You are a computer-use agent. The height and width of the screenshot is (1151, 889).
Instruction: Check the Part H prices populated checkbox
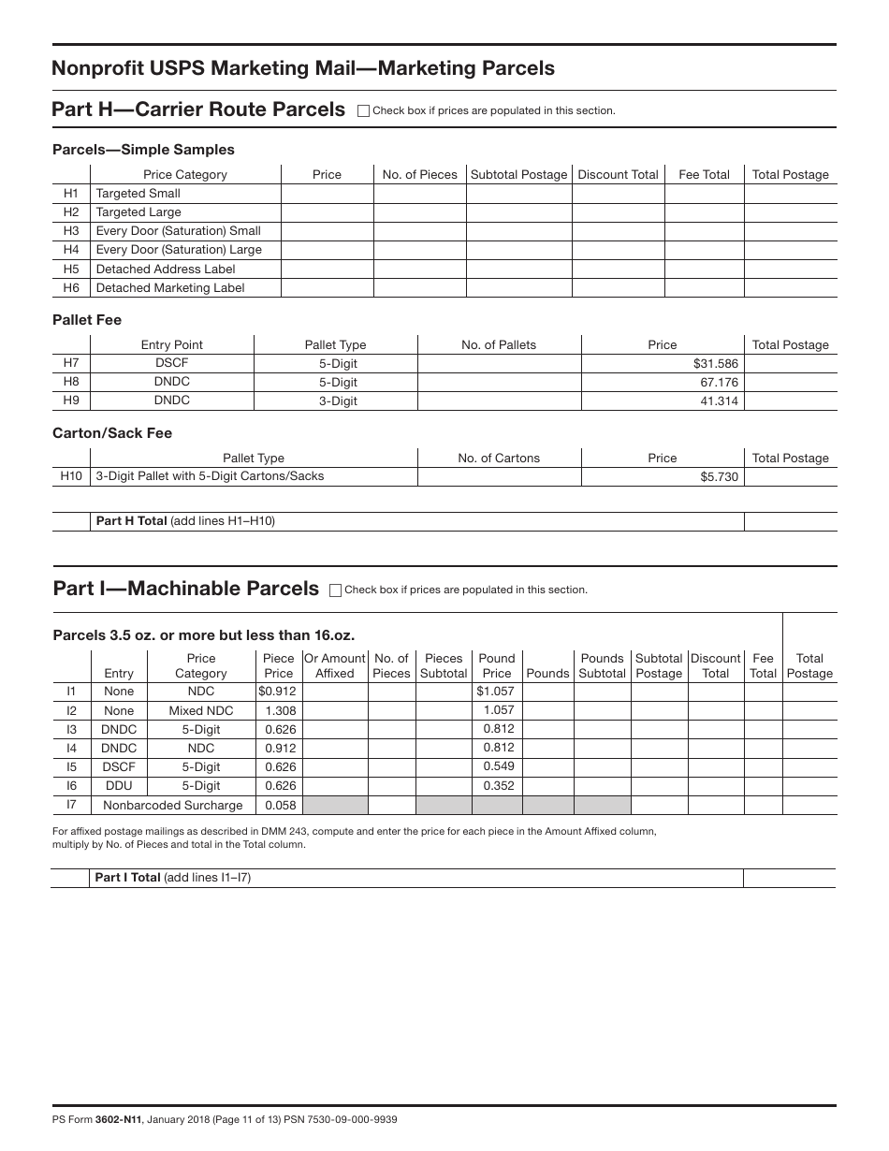coord(364,110)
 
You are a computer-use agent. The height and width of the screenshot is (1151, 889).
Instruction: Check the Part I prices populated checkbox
coord(336,590)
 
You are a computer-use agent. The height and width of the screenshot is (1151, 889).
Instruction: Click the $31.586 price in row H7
coord(716,363)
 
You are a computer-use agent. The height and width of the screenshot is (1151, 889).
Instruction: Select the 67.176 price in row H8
coord(719,382)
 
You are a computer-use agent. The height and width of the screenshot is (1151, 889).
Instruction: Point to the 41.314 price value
coord(719,401)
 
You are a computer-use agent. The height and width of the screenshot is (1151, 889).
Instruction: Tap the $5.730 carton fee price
coord(719,476)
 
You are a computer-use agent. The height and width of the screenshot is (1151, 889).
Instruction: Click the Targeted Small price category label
coord(138,194)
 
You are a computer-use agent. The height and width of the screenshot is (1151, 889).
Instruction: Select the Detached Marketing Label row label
coord(170,288)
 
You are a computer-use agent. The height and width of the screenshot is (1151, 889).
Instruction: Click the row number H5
coord(71,269)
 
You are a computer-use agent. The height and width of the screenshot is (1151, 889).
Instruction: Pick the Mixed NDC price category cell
coord(201,710)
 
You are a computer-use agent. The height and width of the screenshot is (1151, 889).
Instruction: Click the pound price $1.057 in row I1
coord(495,692)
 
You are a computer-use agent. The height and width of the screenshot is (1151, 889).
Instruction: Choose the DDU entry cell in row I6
coord(119,786)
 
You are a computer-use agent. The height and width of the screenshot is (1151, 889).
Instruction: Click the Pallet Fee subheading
coord(87,320)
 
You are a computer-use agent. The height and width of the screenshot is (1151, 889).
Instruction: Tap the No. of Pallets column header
coord(499,344)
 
